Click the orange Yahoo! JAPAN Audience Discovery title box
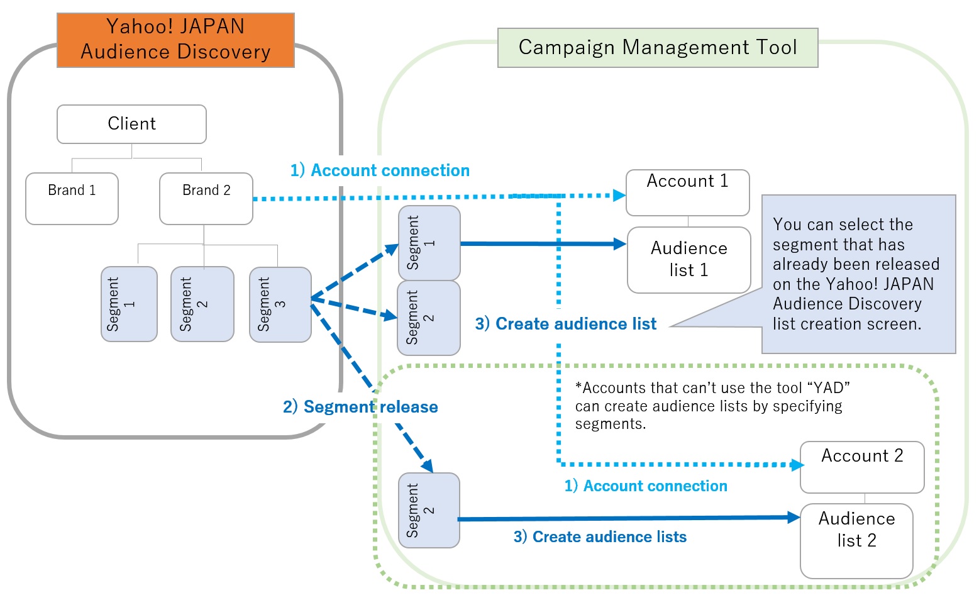click(x=175, y=40)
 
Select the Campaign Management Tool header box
click(x=657, y=48)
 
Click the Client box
click(x=131, y=124)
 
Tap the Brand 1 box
click(x=72, y=198)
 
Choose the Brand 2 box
click(x=206, y=198)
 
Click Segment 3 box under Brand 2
click(x=280, y=304)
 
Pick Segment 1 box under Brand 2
click(x=129, y=304)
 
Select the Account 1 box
click(x=687, y=192)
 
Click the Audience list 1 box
click(x=689, y=260)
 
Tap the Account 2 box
click(x=861, y=467)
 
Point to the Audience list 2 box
click(x=856, y=540)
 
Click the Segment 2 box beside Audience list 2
click(x=429, y=510)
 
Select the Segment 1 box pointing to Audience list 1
click(x=429, y=243)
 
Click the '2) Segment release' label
click(x=360, y=407)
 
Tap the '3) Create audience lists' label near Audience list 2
click(x=600, y=536)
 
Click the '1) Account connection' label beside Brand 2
click(x=380, y=170)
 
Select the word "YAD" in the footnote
click(x=827, y=388)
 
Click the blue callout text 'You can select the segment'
click(x=843, y=225)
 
